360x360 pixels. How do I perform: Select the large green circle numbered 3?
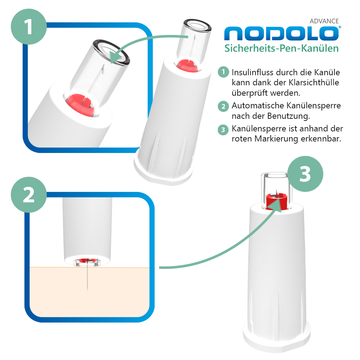[305, 174]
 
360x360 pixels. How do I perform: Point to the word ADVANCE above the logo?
[324, 21]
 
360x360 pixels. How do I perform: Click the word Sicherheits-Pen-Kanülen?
[282, 48]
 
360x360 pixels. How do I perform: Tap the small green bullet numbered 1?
[223, 72]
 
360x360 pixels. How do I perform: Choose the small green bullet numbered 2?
[223, 106]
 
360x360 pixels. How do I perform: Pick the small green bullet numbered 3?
[223, 129]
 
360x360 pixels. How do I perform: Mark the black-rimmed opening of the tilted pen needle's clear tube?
[196, 23]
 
